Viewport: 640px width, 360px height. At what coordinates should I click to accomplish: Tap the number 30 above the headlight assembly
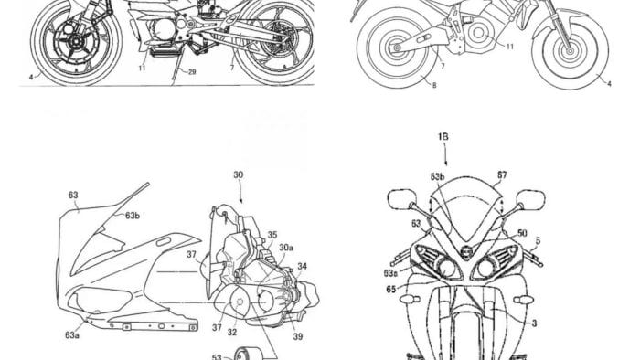238,175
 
